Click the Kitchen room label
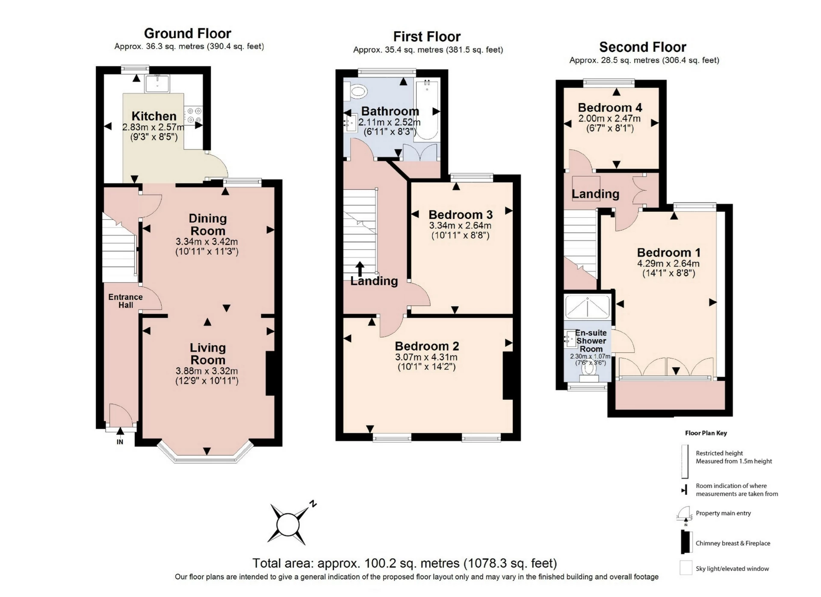click(x=154, y=116)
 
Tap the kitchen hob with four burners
click(x=194, y=115)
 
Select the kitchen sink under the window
click(x=157, y=83)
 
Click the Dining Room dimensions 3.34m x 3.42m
click(x=207, y=242)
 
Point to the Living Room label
click(x=208, y=354)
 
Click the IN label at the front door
click(x=120, y=442)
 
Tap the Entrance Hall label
click(x=125, y=301)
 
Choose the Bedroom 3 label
click(x=461, y=214)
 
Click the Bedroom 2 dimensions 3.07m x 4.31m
click(x=426, y=357)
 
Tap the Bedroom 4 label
click(x=610, y=107)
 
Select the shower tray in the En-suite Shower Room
click(x=588, y=307)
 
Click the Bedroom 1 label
click(x=669, y=252)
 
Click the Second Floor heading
click(x=643, y=47)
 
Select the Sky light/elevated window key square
click(x=686, y=568)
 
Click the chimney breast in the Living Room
click(x=270, y=373)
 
